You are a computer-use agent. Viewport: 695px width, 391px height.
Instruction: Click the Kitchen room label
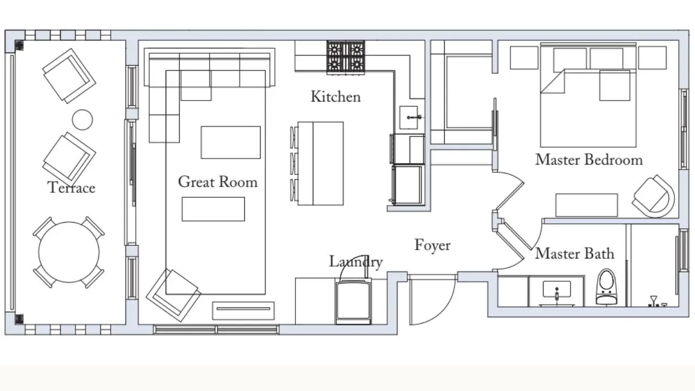336,97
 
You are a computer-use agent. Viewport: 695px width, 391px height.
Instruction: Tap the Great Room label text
218,181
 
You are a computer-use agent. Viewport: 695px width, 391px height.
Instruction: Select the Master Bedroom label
589,160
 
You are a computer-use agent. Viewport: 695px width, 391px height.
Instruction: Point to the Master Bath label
574,253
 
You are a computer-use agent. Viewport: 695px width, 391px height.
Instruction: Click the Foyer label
433,245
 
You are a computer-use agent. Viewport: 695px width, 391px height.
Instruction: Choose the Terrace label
71,187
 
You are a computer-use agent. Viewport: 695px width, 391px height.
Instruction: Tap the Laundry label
356,262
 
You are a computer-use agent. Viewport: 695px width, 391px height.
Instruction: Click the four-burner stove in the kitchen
346,58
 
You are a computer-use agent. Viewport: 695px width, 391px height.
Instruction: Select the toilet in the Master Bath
606,287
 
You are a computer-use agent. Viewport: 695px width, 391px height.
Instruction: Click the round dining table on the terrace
69,252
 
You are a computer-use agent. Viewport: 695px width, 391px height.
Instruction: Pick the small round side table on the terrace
82,119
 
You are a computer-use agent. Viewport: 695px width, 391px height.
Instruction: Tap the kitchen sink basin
409,118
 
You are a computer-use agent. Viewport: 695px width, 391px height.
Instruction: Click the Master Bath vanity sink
557,289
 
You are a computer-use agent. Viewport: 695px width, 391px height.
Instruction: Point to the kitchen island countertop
320,163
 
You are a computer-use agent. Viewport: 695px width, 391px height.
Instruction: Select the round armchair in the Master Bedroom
654,197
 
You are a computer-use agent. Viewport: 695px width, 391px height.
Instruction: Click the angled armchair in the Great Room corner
173,295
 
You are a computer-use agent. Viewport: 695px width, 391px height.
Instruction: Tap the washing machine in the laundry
353,302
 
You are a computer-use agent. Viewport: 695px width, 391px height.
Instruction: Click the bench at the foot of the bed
586,205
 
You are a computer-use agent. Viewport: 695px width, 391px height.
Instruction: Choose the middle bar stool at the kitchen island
294,163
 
